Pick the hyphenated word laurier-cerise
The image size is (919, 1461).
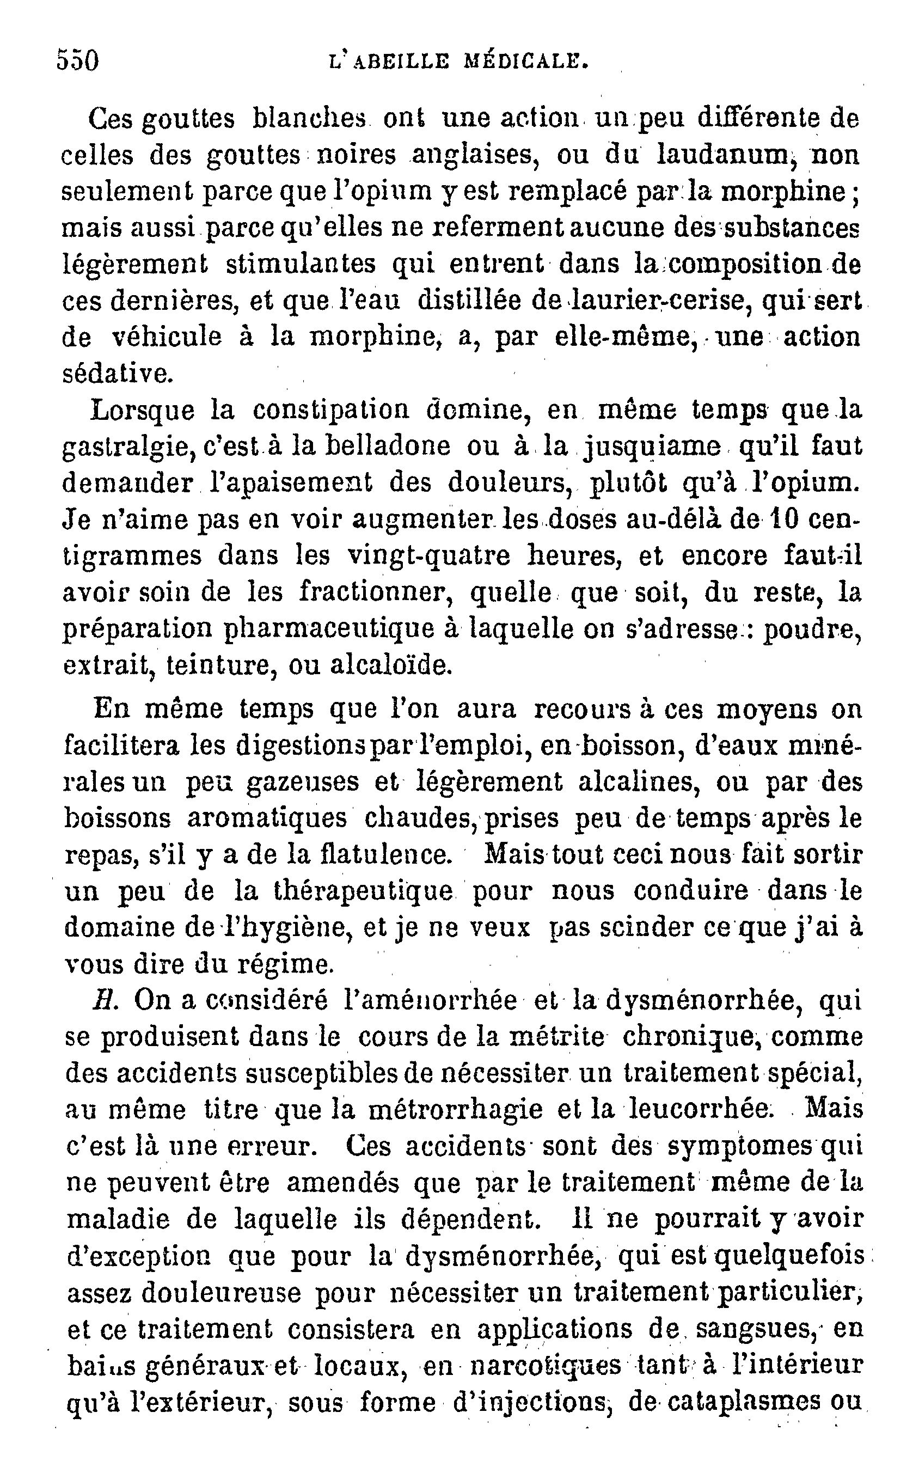pyautogui.click(x=645, y=301)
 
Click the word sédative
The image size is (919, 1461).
pyautogui.click(x=118, y=373)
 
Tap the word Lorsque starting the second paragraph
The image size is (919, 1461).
pyautogui.click(x=143, y=411)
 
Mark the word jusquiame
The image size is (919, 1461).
pyautogui.click(x=652, y=448)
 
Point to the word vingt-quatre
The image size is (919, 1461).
pyautogui.click(x=429, y=557)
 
